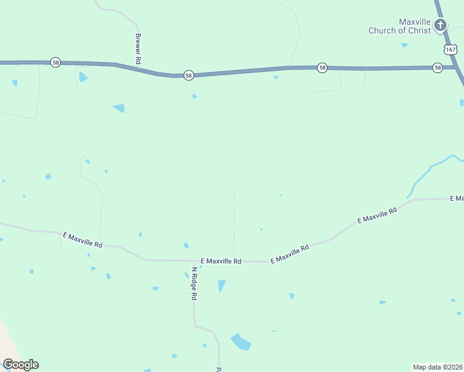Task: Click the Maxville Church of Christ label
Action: point(399,25)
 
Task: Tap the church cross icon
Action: point(440,25)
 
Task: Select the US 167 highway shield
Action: point(450,48)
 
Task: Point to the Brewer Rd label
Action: point(138,49)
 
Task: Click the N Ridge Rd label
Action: point(194,284)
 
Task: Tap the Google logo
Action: point(20,365)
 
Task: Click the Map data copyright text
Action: point(437,367)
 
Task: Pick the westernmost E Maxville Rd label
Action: point(83,240)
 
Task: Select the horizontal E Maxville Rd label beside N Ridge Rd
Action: point(221,262)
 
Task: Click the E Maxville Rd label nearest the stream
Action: point(377,216)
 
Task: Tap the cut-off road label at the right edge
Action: point(458,198)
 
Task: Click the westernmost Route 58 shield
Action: point(55,62)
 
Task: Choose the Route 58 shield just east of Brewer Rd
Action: point(189,75)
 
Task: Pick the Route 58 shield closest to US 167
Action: point(438,68)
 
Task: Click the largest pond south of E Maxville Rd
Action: point(241,342)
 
